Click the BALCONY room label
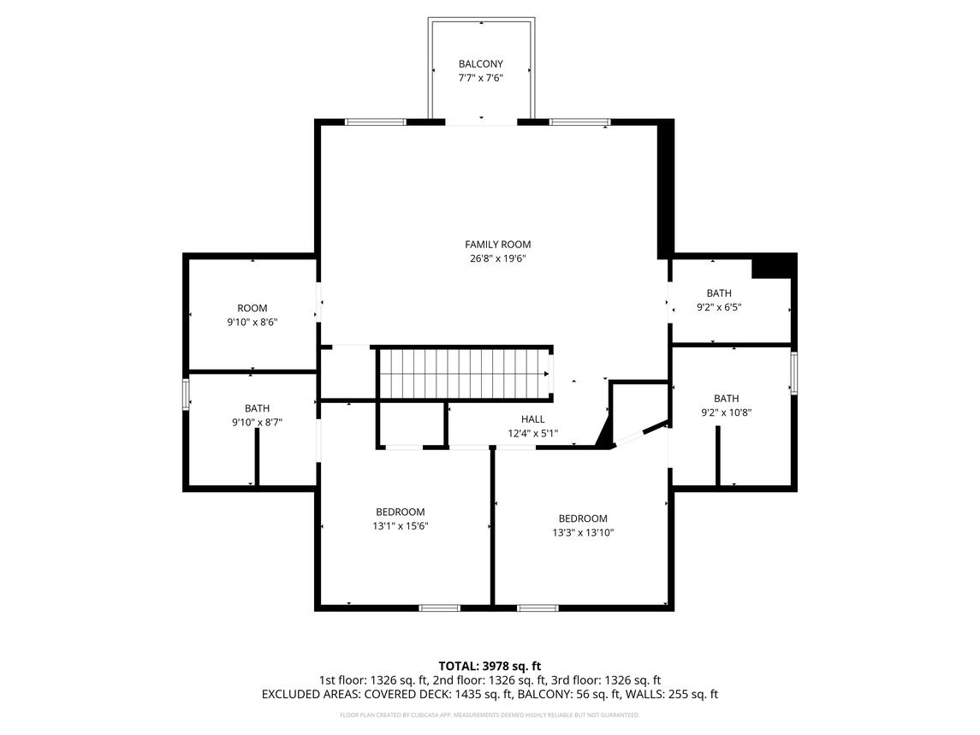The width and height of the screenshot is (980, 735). click(x=480, y=64)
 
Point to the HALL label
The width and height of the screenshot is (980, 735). click(x=532, y=419)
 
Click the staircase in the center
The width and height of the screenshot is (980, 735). click(x=463, y=373)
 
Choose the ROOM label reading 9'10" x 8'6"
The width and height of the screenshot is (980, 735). click(x=252, y=308)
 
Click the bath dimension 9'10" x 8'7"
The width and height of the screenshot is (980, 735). click(x=257, y=422)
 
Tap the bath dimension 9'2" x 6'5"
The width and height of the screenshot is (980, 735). click(x=718, y=307)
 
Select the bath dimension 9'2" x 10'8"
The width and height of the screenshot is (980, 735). click(x=726, y=412)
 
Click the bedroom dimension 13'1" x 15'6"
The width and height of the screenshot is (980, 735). click(x=400, y=526)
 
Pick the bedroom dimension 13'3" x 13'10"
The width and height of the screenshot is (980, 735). click(x=583, y=532)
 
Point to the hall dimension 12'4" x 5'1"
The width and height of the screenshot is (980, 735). click(x=532, y=433)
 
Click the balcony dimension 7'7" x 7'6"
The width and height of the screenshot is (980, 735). click(x=480, y=78)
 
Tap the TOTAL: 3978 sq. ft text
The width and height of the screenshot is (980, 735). click(x=490, y=666)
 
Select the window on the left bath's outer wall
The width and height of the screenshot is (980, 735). click(x=186, y=395)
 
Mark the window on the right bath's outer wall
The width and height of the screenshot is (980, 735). click(x=793, y=373)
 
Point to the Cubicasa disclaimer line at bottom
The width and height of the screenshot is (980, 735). click(x=490, y=714)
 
